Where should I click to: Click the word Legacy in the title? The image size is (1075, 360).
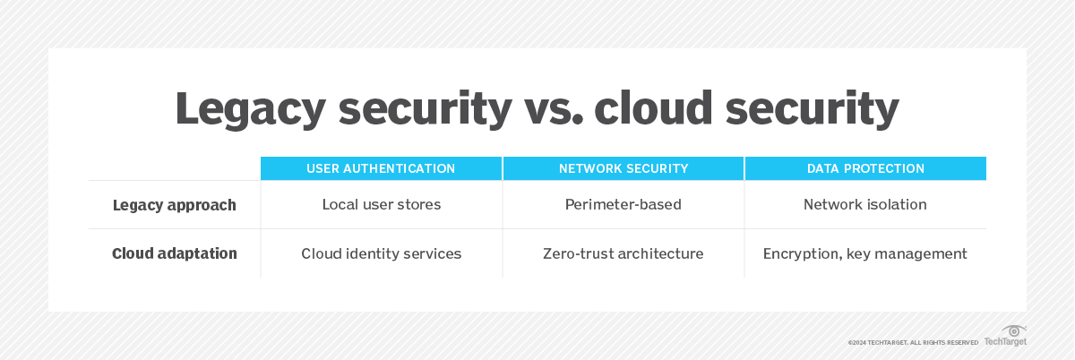[251, 109]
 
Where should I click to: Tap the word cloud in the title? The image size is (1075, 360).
[654, 107]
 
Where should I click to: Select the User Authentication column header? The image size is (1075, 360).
[381, 168]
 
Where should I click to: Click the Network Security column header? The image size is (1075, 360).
[623, 168]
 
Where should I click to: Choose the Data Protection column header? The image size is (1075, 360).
[865, 168]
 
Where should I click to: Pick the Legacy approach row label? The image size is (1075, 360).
[174, 205]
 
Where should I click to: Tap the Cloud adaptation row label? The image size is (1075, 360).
[174, 253]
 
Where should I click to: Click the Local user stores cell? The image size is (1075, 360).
[382, 204]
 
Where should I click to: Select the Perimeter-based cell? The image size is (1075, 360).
[623, 204]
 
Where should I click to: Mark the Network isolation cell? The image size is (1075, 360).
[864, 204]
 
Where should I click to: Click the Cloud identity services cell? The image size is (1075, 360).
[381, 253]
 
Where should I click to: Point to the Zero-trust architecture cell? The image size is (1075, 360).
[623, 253]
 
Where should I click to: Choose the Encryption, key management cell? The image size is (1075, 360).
[864, 254]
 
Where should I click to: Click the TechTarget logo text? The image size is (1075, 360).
[1005, 341]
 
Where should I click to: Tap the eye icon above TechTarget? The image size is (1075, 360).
[1013, 330]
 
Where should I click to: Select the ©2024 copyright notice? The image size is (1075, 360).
[913, 343]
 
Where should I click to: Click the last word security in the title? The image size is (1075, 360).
[812, 109]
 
